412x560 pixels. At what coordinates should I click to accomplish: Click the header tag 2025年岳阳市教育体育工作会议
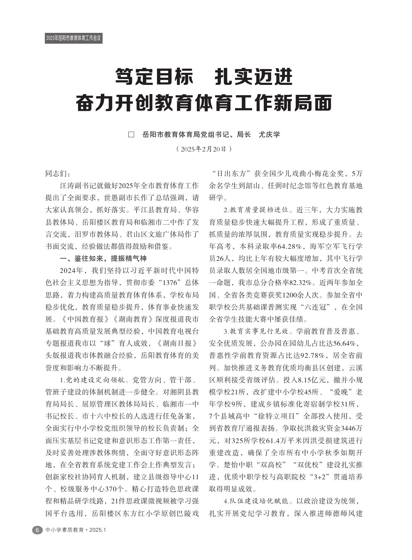coord(73,38)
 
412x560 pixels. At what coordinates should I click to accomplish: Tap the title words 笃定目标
coord(154,77)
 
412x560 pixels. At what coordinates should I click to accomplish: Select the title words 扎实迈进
coord(254,77)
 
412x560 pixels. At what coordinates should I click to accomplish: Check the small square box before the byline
coord(132,135)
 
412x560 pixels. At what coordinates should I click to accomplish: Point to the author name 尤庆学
coord(270,135)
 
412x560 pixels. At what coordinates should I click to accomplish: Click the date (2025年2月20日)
coord(204,149)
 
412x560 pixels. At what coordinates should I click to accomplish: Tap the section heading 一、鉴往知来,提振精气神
coord(103,259)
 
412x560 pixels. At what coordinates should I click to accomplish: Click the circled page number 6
coord(37,530)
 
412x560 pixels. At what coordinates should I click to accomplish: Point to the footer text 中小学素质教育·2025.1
coord(76,530)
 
